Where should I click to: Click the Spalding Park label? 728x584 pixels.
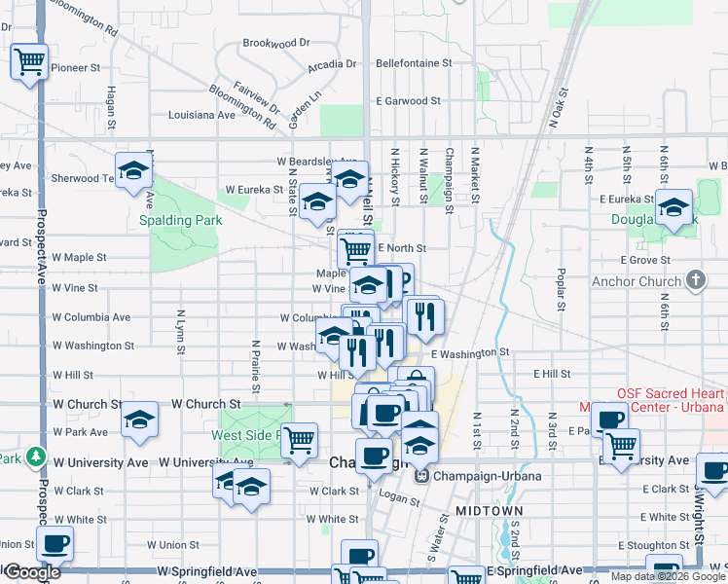[x=180, y=220]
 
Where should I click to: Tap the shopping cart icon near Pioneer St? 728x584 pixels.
[x=30, y=62]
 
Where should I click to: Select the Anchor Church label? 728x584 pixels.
[x=637, y=282]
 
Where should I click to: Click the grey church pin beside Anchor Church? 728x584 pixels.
[x=695, y=281]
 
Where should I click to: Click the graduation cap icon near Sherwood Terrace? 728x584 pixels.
[x=133, y=171]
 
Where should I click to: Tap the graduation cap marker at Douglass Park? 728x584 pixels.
[x=673, y=207]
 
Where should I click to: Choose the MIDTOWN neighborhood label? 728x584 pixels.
[x=495, y=510]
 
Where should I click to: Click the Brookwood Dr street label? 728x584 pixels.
[x=275, y=43]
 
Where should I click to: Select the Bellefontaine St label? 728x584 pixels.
[x=414, y=62]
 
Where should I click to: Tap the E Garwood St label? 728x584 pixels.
[x=410, y=101]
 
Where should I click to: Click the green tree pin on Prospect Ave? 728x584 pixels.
[x=36, y=456]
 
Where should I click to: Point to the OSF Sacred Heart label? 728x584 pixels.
[x=671, y=394]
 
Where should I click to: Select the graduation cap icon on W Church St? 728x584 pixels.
[x=139, y=420]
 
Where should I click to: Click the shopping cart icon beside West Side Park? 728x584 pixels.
[x=300, y=440]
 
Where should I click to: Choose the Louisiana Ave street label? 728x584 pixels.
[x=201, y=115]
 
